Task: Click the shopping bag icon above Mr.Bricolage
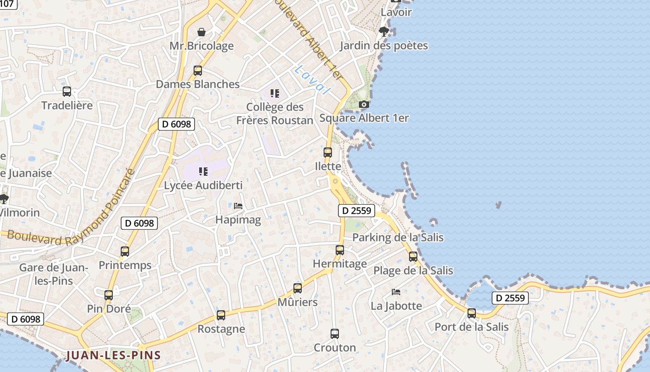point(201,32)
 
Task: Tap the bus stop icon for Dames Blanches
point(198,71)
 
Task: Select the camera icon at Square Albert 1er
point(364,104)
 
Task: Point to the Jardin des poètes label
point(383,46)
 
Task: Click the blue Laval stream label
point(311,80)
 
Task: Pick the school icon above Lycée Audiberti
point(203,172)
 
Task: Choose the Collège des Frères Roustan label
point(274,113)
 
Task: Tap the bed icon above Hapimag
point(238,206)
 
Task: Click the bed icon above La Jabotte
point(396,292)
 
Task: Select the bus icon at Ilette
point(328,152)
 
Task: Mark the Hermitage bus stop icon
point(340,250)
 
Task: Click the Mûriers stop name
point(298,302)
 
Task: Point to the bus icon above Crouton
point(335,333)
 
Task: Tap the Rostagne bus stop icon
point(221,315)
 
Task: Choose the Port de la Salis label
point(471,327)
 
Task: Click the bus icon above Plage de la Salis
point(413,257)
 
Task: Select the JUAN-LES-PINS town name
point(113,356)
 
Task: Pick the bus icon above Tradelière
point(67,92)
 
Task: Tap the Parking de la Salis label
point(398,237)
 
